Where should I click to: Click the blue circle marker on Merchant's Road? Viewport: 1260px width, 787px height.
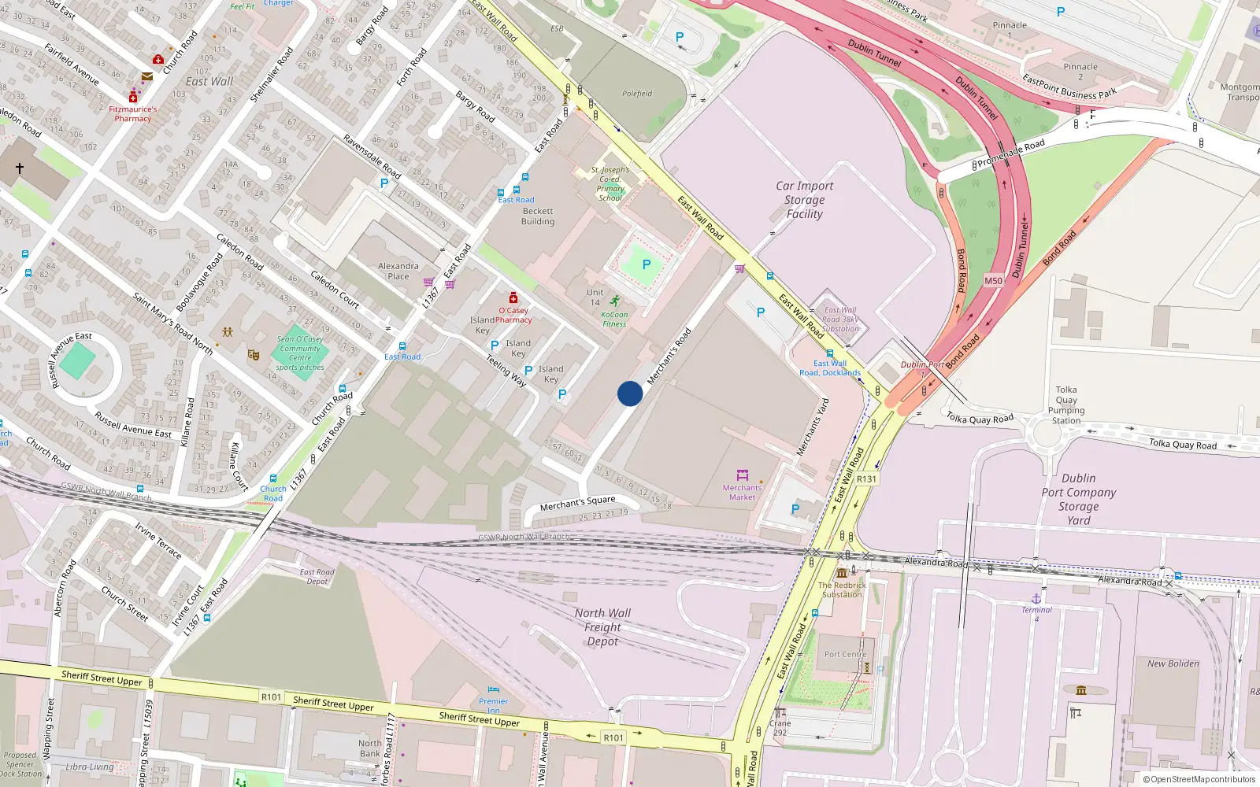(630, 393)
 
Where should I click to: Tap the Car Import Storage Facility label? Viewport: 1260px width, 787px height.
(804, 200)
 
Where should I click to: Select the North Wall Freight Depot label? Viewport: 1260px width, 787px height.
(602, 627)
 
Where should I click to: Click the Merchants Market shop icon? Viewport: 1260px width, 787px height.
(742, 475)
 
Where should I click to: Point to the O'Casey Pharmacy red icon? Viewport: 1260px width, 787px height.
(513, 297)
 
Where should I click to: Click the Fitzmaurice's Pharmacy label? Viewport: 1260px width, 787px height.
(132, 114)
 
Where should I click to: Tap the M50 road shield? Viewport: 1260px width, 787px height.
(993, 281)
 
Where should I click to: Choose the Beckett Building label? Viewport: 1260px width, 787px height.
(538, 216)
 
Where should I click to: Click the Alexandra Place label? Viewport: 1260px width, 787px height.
(398, 271)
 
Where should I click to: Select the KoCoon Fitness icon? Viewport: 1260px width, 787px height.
(614, 301)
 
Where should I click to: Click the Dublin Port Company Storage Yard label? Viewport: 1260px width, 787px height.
(1078, 499)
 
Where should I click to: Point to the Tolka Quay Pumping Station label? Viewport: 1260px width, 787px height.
(1066, 405)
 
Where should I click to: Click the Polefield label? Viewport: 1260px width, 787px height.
(637, 94)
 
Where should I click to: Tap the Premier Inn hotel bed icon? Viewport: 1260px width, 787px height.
(494, 690)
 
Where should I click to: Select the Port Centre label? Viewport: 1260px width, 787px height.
(845, 654)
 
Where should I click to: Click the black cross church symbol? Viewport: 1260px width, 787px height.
(20, 168)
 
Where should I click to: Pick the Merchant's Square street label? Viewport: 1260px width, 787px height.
(577, 503)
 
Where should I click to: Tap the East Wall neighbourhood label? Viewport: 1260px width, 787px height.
(209, 81)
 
